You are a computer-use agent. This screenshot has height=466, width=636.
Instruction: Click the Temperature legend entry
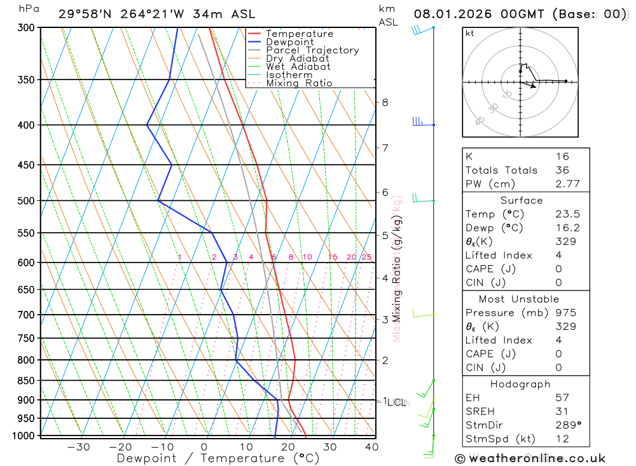pyautogui.click(x=299, y=34)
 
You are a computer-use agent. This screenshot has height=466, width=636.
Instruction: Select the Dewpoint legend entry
pyautogui.click(x=289, y=42)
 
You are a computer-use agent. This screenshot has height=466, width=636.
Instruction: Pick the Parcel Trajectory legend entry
pyautogui.click(x=312, y=50)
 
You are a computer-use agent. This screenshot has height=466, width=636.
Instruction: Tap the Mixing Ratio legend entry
pyautogui.click(x=299, y=83)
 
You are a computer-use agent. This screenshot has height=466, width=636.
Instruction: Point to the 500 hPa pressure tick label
pyautogui.click(x=26, y=201)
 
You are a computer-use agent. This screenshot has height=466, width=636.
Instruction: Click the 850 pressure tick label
pyautogui.click(x=26, y=381)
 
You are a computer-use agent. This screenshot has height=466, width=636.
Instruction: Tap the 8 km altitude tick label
pyautogui.click(x=385, y=102)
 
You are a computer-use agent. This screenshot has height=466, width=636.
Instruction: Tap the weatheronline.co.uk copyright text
pyautogui.click(x=530, y=458)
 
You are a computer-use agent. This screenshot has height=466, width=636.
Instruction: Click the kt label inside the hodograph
pyautogui.click(x=470, y=34)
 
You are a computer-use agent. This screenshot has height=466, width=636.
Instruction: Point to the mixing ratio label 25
pyautogui.click(x=366, y=257)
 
